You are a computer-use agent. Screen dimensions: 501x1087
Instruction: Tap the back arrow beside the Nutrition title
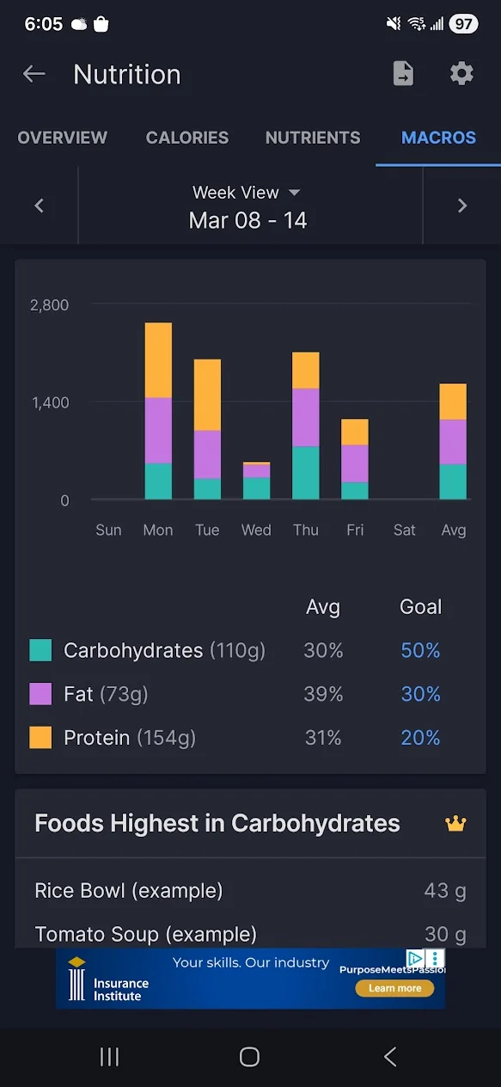[x=34, y=74]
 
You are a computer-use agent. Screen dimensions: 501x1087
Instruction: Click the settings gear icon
[x=461, y=73]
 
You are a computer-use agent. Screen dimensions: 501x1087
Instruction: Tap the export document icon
[x=403, y=73]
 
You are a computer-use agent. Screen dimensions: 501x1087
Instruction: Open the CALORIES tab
[x=187, y=138]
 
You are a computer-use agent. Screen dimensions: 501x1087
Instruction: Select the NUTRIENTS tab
[x=313, y=138]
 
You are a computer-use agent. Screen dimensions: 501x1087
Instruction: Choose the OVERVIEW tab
[x=63, y=138]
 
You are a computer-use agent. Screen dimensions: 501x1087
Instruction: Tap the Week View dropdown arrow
[x=295, y=193]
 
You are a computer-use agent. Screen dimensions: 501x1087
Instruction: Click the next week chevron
[x=462, y=206]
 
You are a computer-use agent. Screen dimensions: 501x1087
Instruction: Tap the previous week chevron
[x=40, y=206]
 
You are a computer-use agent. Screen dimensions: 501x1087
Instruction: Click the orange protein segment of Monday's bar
[x=158, y=360]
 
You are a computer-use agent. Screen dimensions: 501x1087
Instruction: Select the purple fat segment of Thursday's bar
[x=306, y=417]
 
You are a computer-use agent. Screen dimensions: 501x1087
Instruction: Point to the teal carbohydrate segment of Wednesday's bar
[x=257, y=488]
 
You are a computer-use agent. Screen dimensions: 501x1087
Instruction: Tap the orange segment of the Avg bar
[x=453, y=402]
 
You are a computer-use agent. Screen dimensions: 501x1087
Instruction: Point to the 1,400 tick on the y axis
[x=51, y=402]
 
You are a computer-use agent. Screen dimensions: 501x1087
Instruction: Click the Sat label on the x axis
[x=405, y=530]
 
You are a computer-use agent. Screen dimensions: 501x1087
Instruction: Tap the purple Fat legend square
[x=40, y=694]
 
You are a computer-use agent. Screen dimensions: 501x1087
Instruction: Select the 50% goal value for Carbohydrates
[x=420, y=650]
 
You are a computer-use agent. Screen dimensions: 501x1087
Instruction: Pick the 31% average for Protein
[x=323, y=738]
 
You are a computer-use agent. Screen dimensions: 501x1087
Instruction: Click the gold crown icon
[x=456, y=823]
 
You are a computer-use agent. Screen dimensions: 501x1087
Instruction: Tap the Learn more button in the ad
[x=394, y=988]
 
